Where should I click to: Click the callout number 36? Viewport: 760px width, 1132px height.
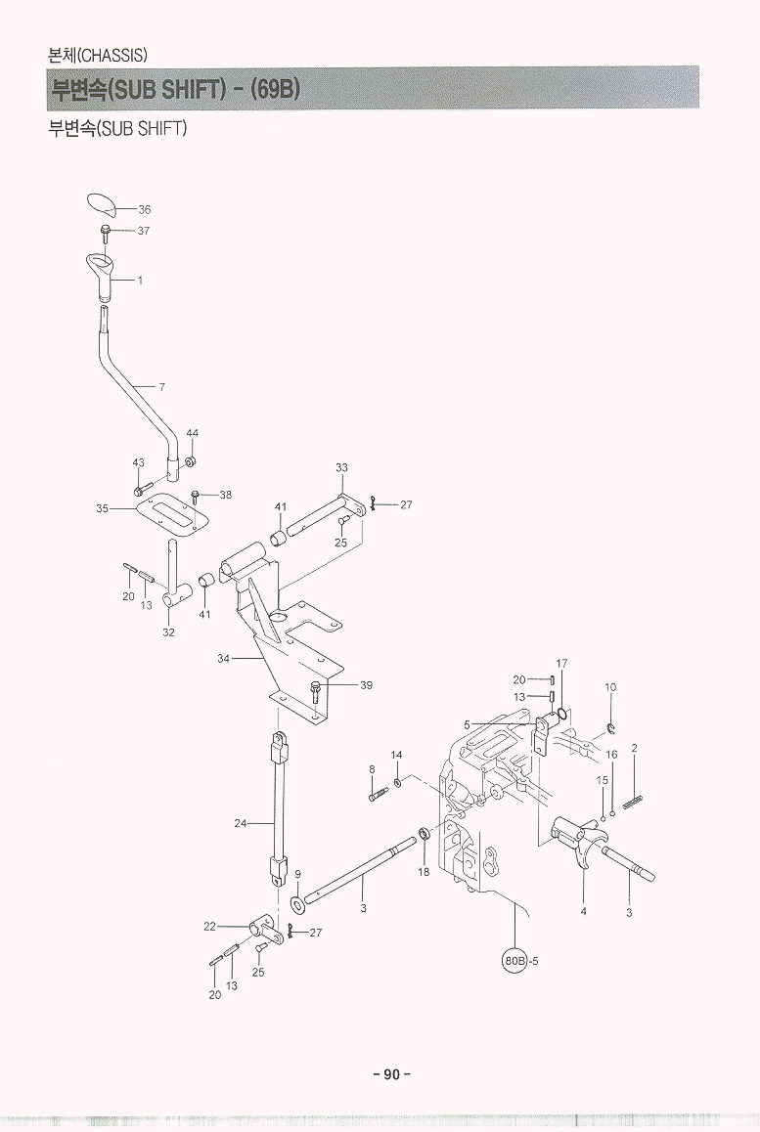coord(145,210)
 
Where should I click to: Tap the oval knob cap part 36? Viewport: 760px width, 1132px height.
coord(101,204)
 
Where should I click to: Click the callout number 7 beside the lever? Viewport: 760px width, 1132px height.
coord(161,387)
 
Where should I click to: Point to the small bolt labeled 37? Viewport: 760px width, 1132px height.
coord(105,232)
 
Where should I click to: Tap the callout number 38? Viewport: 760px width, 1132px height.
coord(225,496)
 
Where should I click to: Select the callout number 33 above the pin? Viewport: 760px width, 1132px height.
coord(341,468)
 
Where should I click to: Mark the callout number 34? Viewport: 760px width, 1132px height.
coord(223,659)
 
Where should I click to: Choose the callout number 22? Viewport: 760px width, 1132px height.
coord(209,925)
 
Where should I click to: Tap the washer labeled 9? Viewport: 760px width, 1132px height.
coord(297,897)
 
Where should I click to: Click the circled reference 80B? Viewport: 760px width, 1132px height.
coord(514,960)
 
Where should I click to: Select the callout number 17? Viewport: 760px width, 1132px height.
coord(561,664)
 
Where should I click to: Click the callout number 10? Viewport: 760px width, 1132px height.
coord(610,687)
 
